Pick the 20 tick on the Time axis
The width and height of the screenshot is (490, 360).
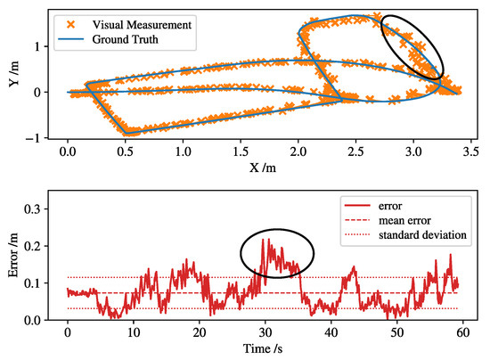[x=200, y=334]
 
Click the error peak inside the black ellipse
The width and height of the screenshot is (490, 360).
[x=265, y=239]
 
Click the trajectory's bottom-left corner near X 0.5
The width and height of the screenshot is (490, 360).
[x=127, y=131]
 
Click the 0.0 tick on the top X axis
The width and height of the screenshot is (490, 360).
[x=68, y=153]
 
